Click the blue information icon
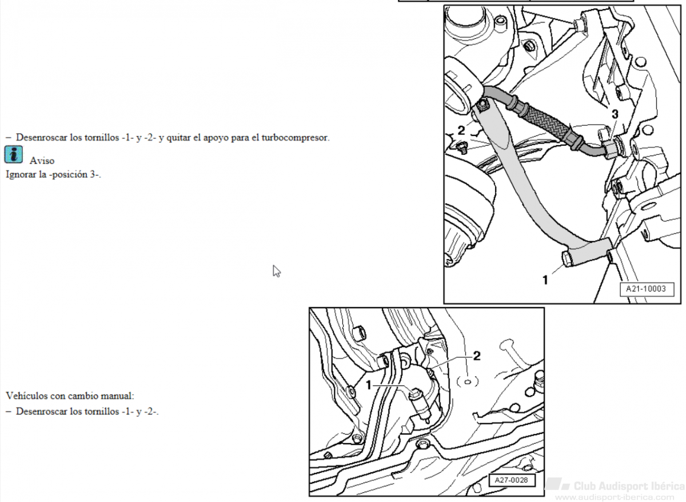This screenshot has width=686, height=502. (x=14, y=154)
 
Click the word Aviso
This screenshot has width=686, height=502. (x=42, y=161)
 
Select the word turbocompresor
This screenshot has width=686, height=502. (x=295, y=138)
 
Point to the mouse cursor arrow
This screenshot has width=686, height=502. (x=277, y=272)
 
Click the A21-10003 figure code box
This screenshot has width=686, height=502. (x=647, y=289)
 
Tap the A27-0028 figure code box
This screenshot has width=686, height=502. (x=512, y=480)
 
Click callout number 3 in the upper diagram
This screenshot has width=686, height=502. (x=615, y=114)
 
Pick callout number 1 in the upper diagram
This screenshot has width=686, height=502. (x=545, y=280)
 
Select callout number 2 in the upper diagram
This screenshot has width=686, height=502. (x=461, y=130)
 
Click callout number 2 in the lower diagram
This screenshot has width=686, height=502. (x=477, y=356)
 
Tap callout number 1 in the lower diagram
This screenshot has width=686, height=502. (x=369, y=385)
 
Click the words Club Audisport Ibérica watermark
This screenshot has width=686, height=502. (x=628, y=486)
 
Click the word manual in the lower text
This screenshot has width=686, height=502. (x=117, y=396)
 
